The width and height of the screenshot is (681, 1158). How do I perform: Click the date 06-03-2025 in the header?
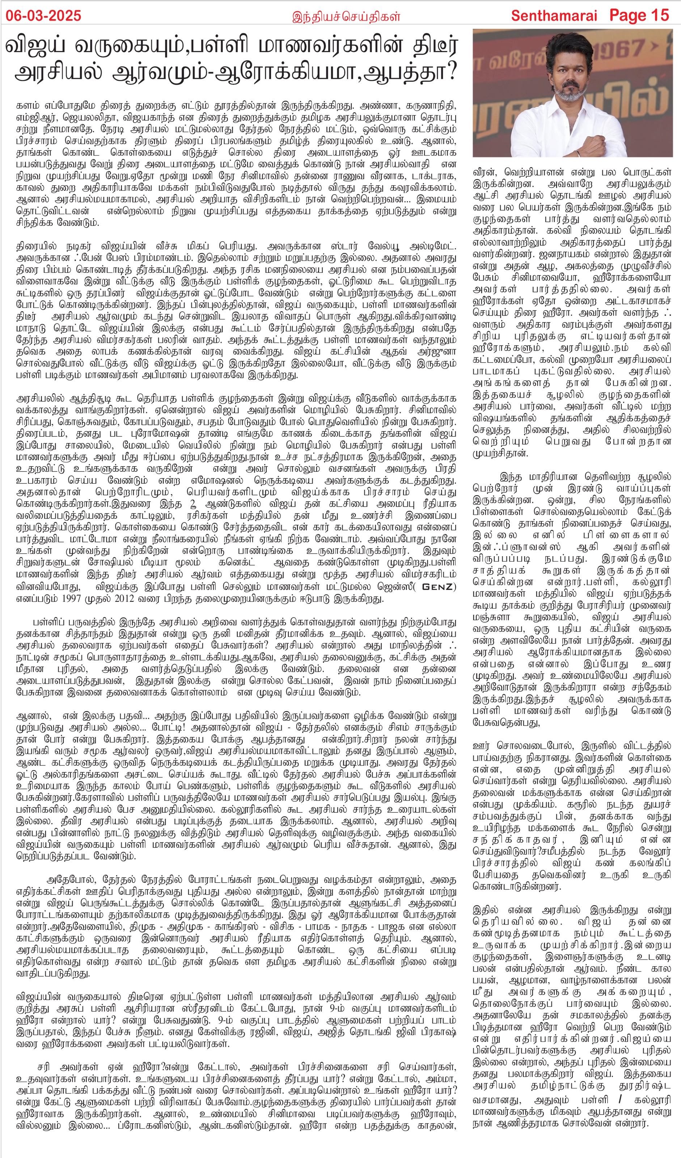[x=44, y=16]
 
